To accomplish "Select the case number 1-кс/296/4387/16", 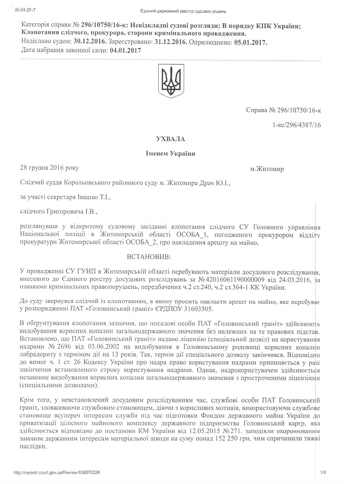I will (x=297, y=125).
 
